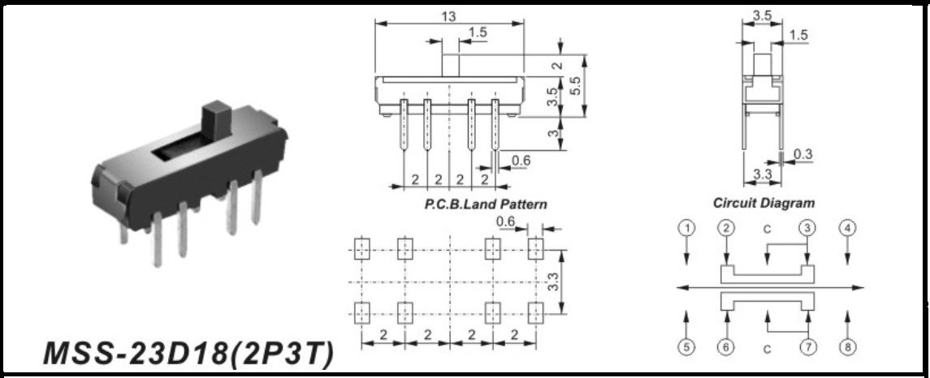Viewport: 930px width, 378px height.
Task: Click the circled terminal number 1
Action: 686,227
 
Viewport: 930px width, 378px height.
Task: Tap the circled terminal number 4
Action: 847,227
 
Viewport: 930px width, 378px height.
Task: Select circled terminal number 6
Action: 726,347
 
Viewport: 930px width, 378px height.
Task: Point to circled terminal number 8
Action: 847,347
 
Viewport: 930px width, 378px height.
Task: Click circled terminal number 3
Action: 807,227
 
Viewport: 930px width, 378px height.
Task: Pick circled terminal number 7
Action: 807,347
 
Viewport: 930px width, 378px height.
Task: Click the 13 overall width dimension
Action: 449,16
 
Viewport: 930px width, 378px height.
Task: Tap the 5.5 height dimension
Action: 575,86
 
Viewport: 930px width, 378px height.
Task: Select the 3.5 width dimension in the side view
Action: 762,15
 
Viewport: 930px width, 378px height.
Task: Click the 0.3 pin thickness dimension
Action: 802,155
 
